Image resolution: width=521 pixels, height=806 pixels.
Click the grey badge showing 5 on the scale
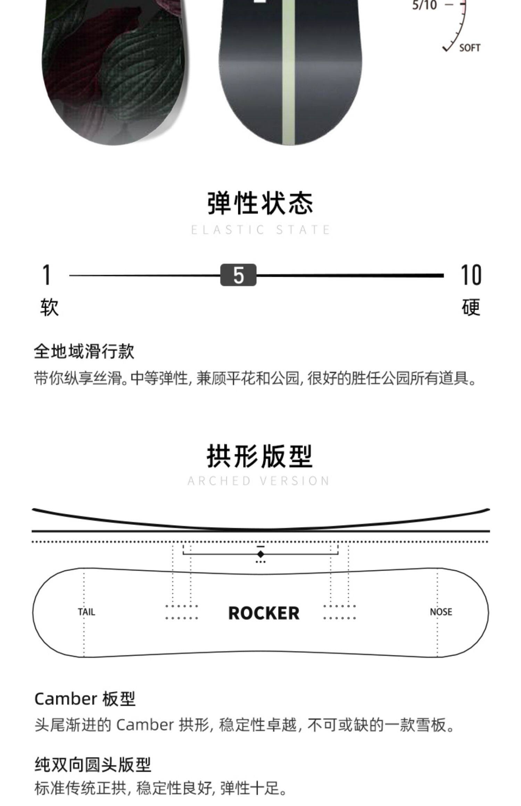point(238,275)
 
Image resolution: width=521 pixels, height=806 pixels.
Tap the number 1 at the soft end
point(47,275)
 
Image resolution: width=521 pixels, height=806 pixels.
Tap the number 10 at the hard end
point(471,275)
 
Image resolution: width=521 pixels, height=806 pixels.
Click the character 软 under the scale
point(49,307)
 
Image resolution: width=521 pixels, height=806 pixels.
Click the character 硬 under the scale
point(471,307)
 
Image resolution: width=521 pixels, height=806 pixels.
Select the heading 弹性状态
point(260,203)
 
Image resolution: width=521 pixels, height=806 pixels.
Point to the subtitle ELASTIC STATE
point(260,230)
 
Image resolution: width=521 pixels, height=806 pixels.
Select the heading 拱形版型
point(260,456)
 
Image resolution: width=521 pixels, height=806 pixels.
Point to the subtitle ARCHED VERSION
point(259,481)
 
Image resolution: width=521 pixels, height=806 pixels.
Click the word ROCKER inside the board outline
point(264,613)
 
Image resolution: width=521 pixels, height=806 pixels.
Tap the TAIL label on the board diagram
point(86,612)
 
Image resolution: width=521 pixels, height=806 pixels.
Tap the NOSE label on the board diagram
point(441,612)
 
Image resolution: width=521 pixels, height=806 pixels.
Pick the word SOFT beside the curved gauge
point(470,48)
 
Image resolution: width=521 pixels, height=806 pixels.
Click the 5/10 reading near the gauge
point(424,6)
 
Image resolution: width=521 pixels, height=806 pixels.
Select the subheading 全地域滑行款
point(84,351)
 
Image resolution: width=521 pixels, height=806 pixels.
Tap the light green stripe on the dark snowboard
point(288,76)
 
